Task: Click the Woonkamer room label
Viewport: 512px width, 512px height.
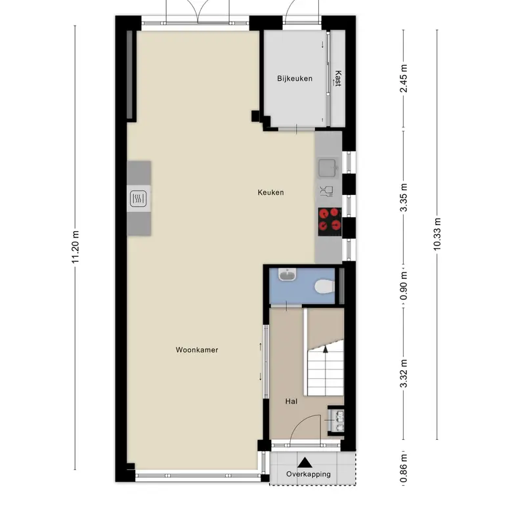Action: [x=197, y=350]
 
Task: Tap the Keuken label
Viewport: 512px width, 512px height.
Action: [x=270, y=192]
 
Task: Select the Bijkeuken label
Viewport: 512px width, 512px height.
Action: [x=295, y=78]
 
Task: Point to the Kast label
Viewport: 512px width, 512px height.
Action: [x=338, y=78]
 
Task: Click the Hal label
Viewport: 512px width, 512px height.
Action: [x=291, y=401]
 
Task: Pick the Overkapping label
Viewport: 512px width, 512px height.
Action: [x=309, y=474]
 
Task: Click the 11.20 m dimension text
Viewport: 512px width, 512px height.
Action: [x=75, y=247]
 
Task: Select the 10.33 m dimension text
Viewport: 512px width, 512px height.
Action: [x=437, y=234]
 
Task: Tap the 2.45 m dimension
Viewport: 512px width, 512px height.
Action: [x=404, y=78]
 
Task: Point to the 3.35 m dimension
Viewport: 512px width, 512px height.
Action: [x=404, y=198]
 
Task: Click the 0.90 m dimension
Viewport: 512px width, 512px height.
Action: [x=404, y=286]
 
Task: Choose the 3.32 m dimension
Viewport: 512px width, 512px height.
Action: [x=404, y=373]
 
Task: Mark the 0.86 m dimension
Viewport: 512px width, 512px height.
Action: [x=404, y=468]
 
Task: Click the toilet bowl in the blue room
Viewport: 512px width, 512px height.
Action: [x=324, y=286]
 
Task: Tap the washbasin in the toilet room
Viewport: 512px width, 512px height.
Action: [x=287, y=274]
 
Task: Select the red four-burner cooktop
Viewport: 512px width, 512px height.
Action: [x=330, y=222]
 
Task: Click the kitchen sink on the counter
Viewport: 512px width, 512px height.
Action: [x=328, y=168]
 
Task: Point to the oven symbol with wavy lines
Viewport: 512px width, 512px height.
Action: [x=138, y=198]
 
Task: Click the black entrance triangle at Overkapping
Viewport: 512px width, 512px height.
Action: [x=305, y=462]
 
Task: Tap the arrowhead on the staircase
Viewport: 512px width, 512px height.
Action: [x=325, y=349]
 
